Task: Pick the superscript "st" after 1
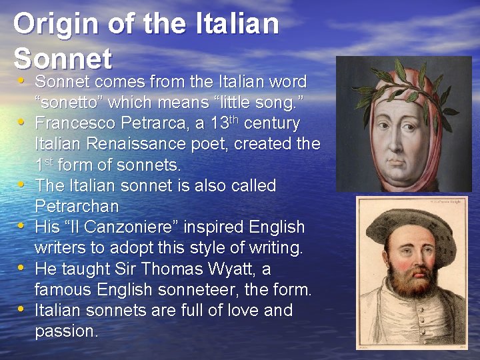coord(49,161)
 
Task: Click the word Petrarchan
coord(77,206)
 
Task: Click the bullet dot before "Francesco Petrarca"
coord(22,122)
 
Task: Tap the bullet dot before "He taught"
coord(22,268)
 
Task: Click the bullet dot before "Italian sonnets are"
coord(22,309)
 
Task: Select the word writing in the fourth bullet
coord(273,248)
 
